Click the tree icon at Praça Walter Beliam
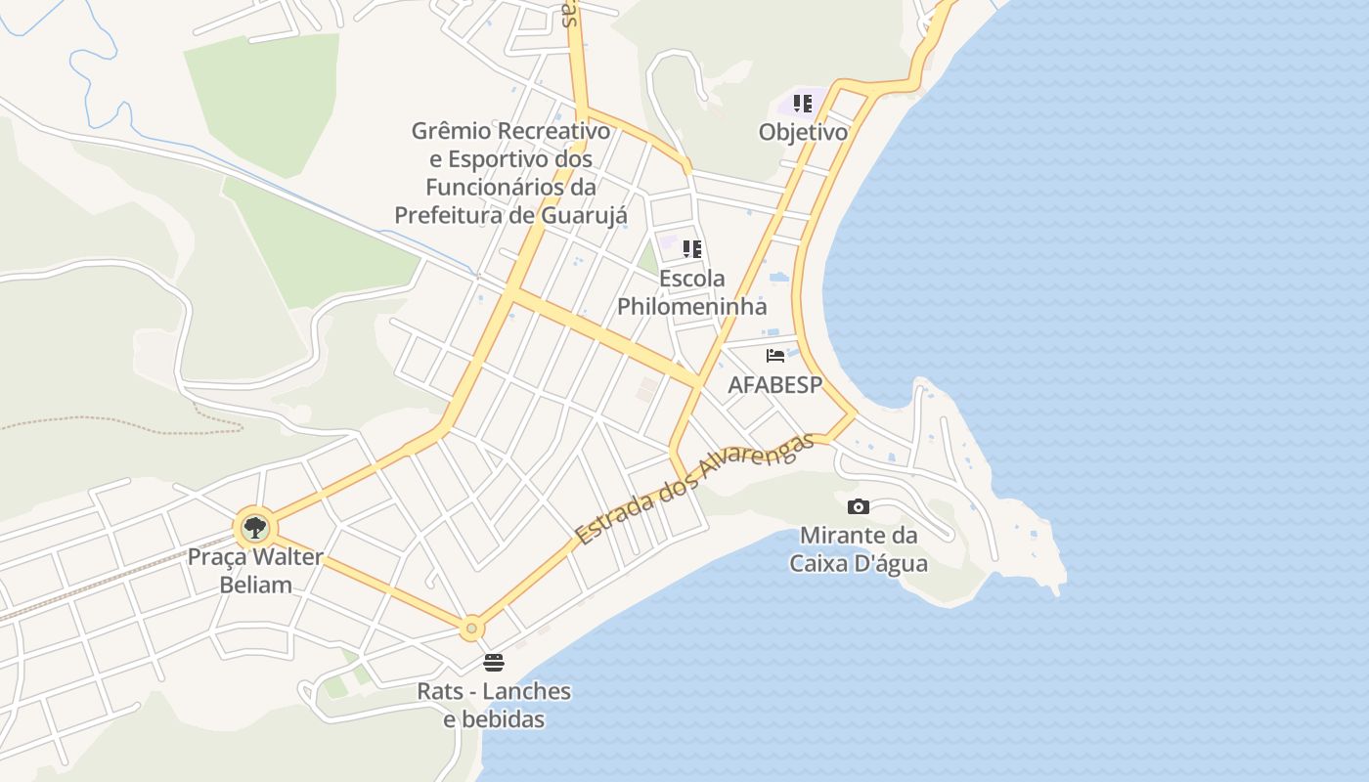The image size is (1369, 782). (255, 528)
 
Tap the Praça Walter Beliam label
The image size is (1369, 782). (255, 571)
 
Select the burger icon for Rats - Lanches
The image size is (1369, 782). (494, 663)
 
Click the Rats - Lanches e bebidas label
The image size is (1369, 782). (494, 705)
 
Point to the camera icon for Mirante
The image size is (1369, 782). (859, 506)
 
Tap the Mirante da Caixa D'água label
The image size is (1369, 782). (859, 549)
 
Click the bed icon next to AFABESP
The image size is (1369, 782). (775, 356)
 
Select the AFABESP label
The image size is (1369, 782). (775, 385)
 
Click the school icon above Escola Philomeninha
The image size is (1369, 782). (692, 249)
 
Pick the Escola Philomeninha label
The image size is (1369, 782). (692, 292)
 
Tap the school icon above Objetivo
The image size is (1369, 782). (803, 104)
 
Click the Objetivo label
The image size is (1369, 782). (803, 132)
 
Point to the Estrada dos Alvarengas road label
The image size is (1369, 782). (694, 489)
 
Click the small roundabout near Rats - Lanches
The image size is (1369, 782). (472, 628)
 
